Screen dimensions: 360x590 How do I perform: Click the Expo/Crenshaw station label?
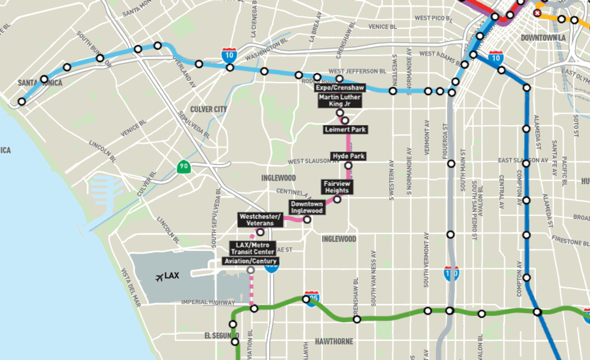coord(341,88)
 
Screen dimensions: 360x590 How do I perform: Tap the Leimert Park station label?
coord(346,129)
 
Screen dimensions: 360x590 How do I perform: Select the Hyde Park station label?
coord(349,156)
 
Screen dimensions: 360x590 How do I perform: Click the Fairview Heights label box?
coord(337,187)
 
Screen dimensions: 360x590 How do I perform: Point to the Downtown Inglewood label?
coord(307,207)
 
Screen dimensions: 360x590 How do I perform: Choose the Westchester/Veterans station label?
coord(260,219)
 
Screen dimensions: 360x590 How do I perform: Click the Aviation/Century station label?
coord(250,261)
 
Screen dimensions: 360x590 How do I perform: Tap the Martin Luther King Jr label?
coord(340,101)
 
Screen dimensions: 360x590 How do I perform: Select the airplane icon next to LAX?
coord(159,277)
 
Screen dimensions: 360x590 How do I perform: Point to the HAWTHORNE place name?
coord(334,341)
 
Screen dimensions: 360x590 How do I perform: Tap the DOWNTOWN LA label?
coord(541,37)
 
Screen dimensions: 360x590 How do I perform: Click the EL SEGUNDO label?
coord(220,335)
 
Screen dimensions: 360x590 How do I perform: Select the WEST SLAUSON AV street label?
coord(309,161)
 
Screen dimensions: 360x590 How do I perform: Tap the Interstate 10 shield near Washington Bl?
coord(229,54)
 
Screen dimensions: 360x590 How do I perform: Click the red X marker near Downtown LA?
coord(537,12)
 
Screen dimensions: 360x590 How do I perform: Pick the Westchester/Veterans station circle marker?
coord(261,232)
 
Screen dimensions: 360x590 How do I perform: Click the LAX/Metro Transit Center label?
coord(252,248)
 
